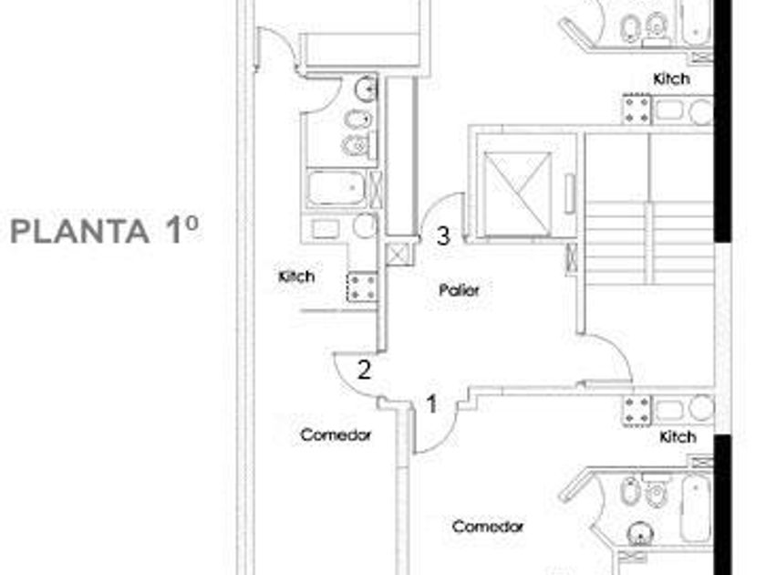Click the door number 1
tap(432, 403)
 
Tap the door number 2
tap(364, 371)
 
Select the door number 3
tap(443, 236)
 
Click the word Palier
tap(459, 290)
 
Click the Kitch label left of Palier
tap(296, 276)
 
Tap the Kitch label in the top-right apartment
tap(671, 79)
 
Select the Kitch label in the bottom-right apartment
tap(677, 437)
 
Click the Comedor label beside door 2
tap(336, 435)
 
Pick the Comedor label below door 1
tap(488, 527)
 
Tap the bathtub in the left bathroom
tap(336, 189)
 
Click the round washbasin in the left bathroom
tap(366, 89)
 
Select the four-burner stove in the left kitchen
tap(362, 287)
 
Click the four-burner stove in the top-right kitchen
tap(637, 110)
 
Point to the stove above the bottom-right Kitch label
tap(637, 410)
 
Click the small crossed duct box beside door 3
tap(399, 254)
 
